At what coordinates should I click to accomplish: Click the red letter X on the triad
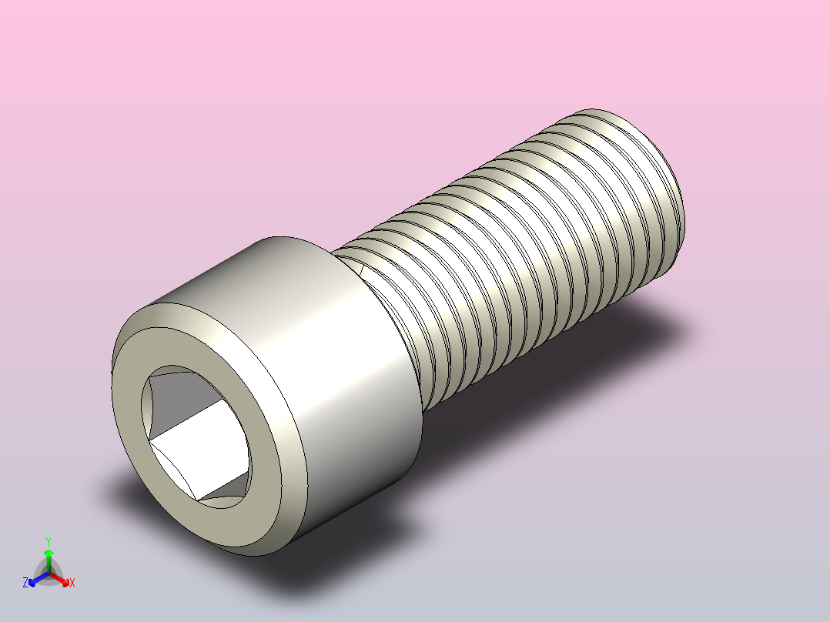pyautogui.click(x=72, y=584)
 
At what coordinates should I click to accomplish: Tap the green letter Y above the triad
pyautogui.click(x=48, y=540)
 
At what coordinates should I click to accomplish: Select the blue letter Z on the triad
pyautogui.click(x=25, y=584)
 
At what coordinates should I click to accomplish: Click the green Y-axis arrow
pyautogui.click(x=49, y=556)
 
